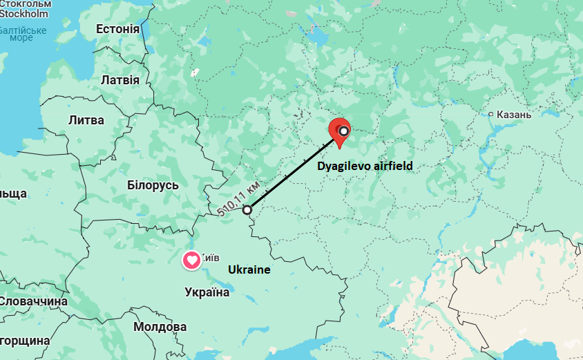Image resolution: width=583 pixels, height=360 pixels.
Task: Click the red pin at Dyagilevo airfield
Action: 338,130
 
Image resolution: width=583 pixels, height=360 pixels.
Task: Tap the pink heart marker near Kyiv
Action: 191,260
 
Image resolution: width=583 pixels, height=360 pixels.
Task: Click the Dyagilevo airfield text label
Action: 365,167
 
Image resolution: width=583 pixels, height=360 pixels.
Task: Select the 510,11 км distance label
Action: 238,199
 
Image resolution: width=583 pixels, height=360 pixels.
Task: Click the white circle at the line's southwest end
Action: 247,208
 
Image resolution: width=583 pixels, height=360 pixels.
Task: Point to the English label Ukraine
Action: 249,269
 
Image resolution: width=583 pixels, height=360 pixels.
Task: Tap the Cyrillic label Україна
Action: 207,292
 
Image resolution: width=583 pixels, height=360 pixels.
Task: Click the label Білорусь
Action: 153,185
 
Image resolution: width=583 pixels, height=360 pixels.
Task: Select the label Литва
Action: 86,120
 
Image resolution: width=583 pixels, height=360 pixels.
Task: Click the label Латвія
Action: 120,80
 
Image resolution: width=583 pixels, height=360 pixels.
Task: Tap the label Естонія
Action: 117,29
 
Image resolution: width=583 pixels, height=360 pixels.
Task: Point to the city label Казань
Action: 515,114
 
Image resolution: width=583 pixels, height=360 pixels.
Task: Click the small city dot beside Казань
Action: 490,114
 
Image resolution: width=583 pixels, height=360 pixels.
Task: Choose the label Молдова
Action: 160,326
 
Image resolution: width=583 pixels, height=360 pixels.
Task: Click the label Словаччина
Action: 33,301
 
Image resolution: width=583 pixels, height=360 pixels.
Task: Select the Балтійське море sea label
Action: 22,33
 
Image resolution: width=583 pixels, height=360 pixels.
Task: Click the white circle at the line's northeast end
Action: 343,131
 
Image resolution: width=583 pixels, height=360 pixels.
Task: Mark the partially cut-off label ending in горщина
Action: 24,341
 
